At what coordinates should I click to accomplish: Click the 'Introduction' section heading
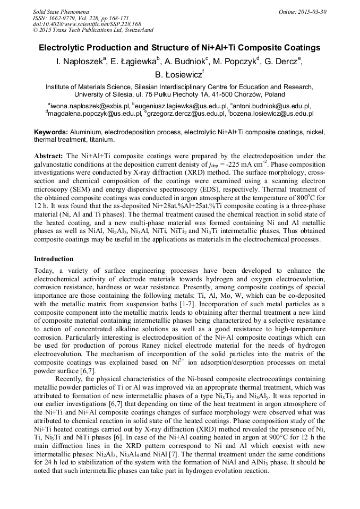[54, 259]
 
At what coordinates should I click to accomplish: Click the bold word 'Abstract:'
[49, 157]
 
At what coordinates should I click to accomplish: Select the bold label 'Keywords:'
[50, 132]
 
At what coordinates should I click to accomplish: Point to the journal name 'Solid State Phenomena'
[60, 12]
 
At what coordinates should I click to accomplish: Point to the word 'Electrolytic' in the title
[63, 48]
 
